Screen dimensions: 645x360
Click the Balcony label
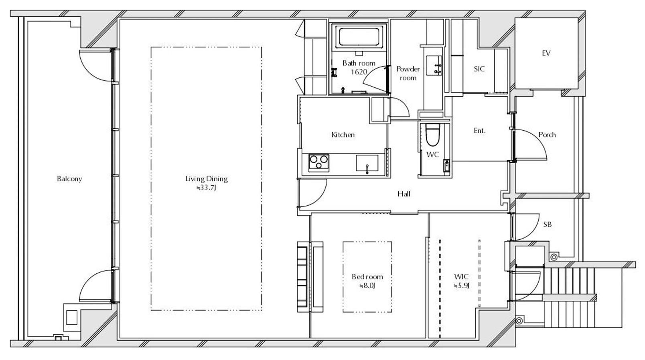(69, 179)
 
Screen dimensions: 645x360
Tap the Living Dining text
(207, 179)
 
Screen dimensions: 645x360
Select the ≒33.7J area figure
(206, 188)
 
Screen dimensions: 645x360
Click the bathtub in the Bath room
(359, 36)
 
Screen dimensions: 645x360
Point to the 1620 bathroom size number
(359, 72)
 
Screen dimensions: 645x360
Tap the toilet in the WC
(432, 134)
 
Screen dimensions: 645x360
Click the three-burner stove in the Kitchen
(319, 163)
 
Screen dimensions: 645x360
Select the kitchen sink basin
(367, 163)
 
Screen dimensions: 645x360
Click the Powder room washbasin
(434, 65)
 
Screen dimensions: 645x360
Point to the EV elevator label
(546, 53)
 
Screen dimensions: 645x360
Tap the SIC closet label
(479, 69)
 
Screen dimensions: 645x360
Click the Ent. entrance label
(479, 131)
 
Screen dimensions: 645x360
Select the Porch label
(547, 135)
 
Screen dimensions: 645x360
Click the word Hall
(404, 194)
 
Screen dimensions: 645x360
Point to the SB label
(548, 224)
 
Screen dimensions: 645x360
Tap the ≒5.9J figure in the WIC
(462, 286)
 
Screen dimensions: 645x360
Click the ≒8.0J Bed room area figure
(367, 286)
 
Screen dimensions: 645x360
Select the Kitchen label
(343, 135)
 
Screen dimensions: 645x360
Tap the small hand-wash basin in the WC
(446, 166)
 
